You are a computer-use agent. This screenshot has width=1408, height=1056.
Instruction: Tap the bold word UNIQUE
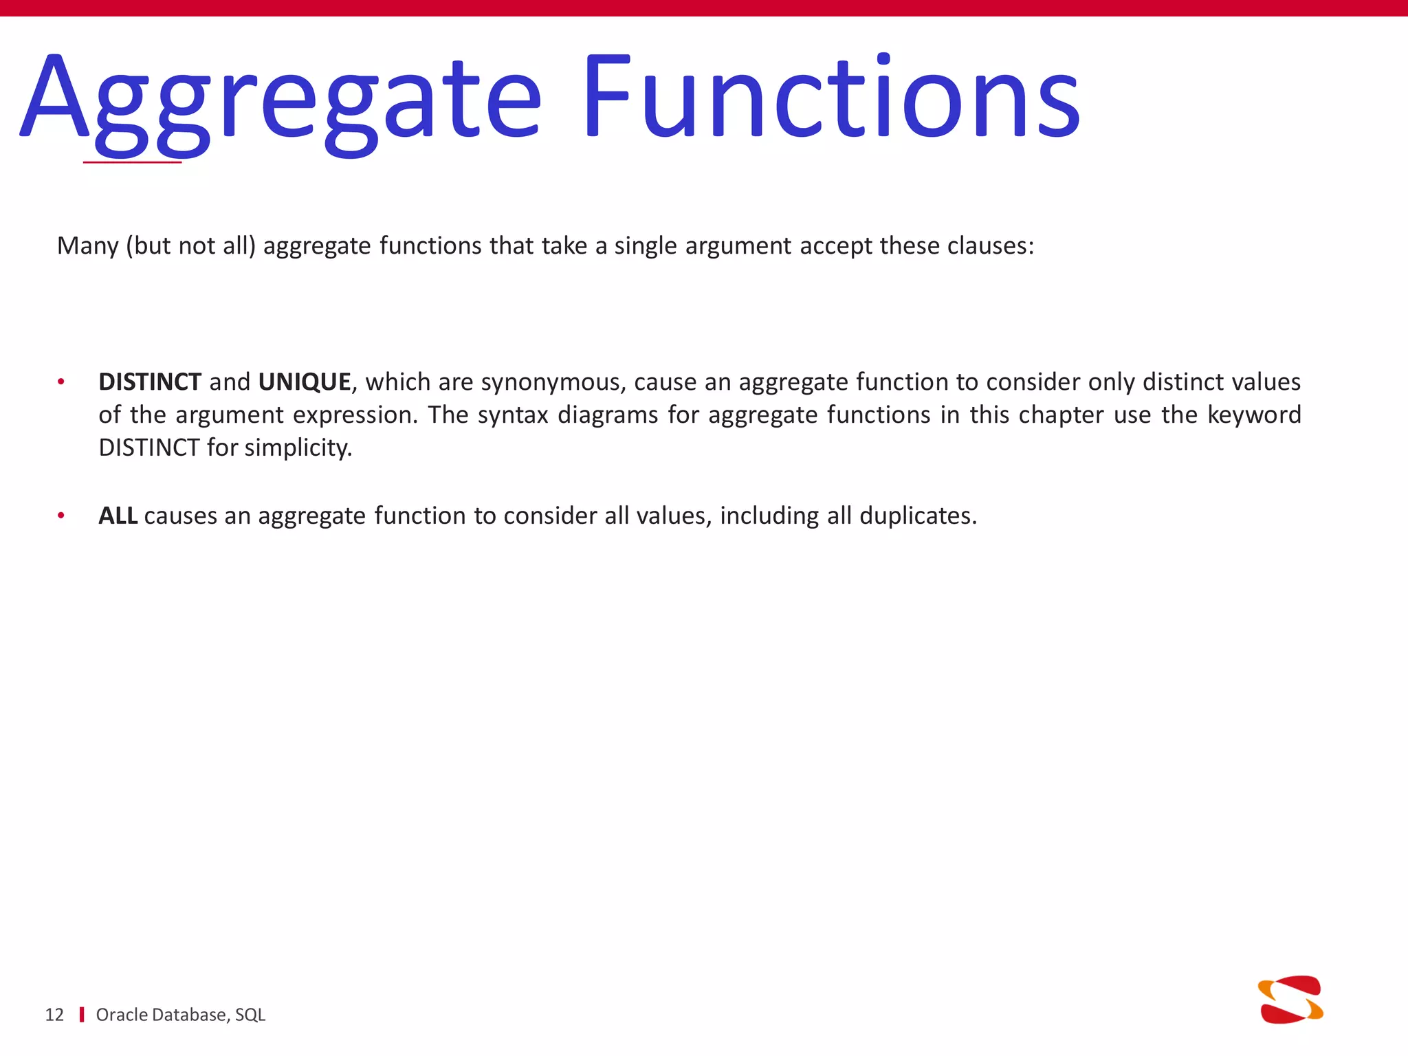305,382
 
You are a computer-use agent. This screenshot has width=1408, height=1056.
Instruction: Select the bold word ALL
118,516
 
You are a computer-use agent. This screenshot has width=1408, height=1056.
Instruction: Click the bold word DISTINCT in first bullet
150,382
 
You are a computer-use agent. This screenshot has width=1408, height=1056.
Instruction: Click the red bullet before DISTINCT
61,382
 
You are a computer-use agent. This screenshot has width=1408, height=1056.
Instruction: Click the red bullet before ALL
61,516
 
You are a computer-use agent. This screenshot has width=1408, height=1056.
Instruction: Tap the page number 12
54,1015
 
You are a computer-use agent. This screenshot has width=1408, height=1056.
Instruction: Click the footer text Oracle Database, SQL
180,1015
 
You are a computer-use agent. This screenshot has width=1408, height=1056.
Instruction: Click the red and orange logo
1290,1000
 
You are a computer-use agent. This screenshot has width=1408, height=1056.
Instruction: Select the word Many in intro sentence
87,246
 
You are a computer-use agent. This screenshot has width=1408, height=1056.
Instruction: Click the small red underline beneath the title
132,162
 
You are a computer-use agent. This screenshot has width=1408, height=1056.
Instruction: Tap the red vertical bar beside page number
82,1015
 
